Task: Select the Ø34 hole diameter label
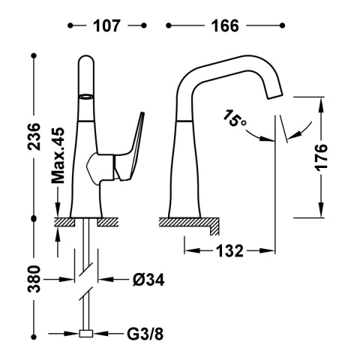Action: tap(147, 280)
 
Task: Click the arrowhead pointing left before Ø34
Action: tap(103, 280)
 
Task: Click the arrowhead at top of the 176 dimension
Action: tap(321, 100)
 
